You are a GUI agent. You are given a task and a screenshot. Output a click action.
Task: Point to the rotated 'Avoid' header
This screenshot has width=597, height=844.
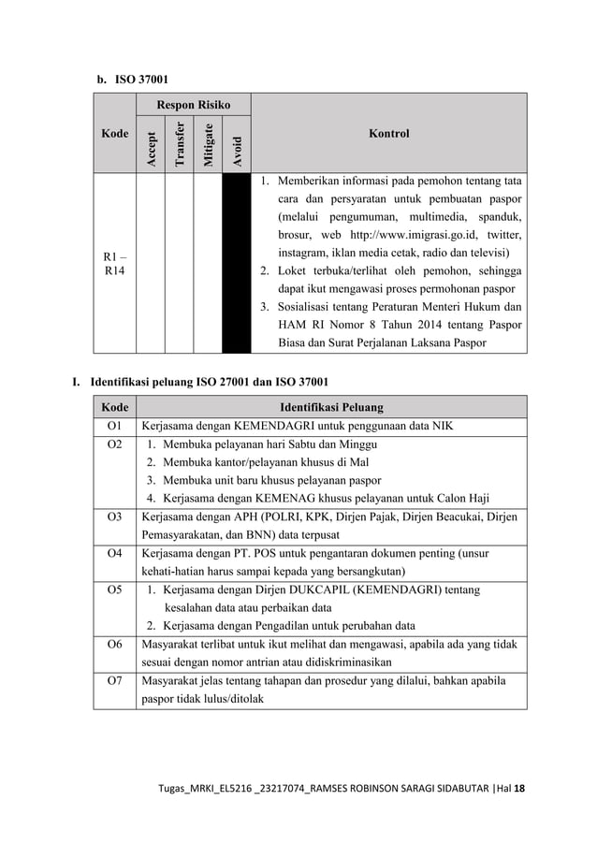coord(237,148)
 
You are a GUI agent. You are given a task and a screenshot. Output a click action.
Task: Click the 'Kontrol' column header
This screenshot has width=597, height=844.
coord(388,134)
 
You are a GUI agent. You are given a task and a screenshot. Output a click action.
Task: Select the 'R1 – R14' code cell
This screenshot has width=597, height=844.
coord(116,261)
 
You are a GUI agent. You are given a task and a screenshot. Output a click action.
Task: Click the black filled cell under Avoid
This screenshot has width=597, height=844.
coord(237,261)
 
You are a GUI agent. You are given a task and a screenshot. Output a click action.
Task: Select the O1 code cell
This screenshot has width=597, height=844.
coord(114,426)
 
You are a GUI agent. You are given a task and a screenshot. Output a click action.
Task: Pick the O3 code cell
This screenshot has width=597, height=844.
coord(114,516)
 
